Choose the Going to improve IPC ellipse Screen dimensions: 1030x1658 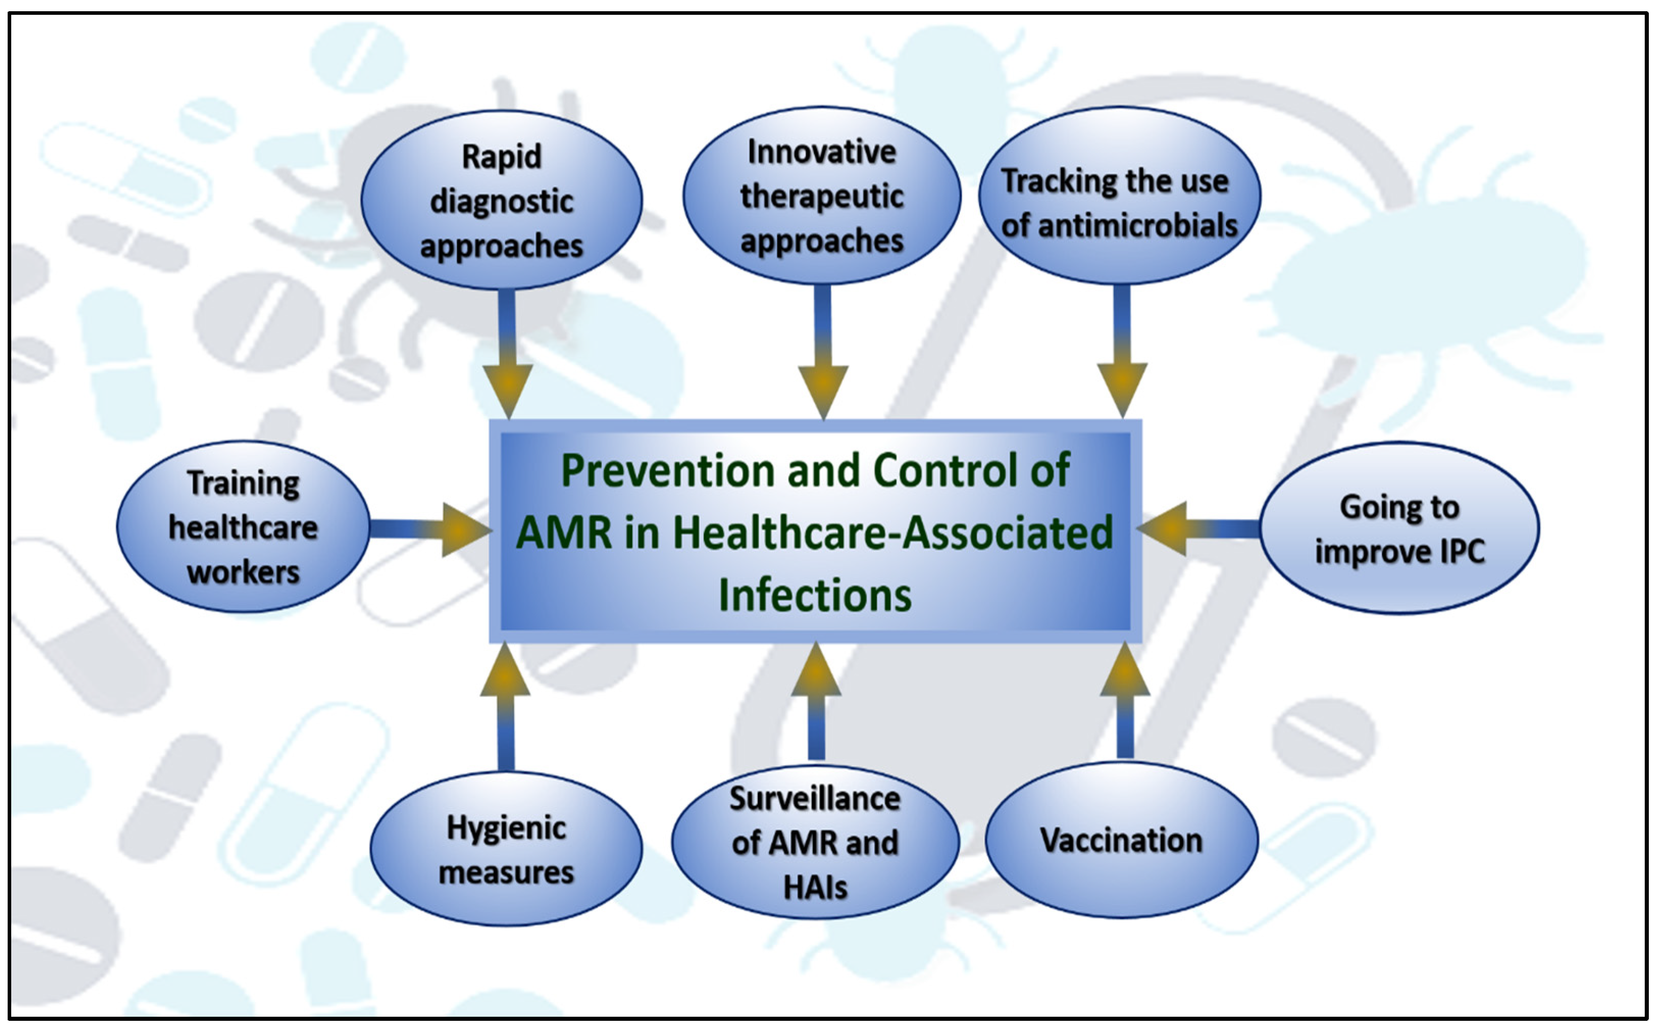pyautogui.click(x=1399, y=529)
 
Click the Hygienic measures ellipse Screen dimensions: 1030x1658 pyautogui.click(x=506, y=849)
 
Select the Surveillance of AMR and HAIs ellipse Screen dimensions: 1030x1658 pyautogui.click(x=815, y=843)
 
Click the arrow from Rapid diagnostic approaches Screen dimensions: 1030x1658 pyautogui.click(x=506, y=354)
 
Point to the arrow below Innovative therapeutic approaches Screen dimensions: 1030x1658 pyautogui.click(x=823, y=354)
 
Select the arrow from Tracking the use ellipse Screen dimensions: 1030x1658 pyautogui.click(x=1122, y=354)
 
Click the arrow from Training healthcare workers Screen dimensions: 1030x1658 pyautogui.click(x=429, y=530)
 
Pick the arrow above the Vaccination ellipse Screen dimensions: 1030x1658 pyautogui.click(x=1125, y=701)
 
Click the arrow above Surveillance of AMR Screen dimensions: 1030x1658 pyautogui.click(x=815, y=701)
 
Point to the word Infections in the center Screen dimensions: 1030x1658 pyautogui.click(x=815, y=595)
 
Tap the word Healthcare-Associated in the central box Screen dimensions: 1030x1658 pyautogui.click(x=894, y=533)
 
